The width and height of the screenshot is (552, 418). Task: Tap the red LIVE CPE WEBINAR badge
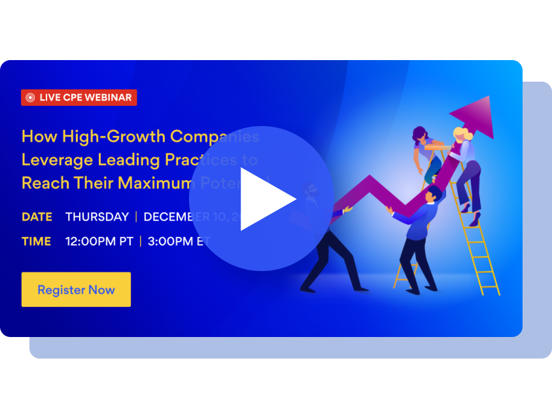tap(79, 97)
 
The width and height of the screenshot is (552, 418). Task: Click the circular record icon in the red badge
tap(30, 97)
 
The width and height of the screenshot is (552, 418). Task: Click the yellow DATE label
tap(37, 217)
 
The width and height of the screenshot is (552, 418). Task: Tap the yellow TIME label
tap(36, 241)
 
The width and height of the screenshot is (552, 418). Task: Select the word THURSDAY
tap(97, 217)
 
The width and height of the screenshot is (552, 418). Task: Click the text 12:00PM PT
tap(99, 241)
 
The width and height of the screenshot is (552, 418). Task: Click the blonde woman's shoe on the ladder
tap(475, 219)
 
